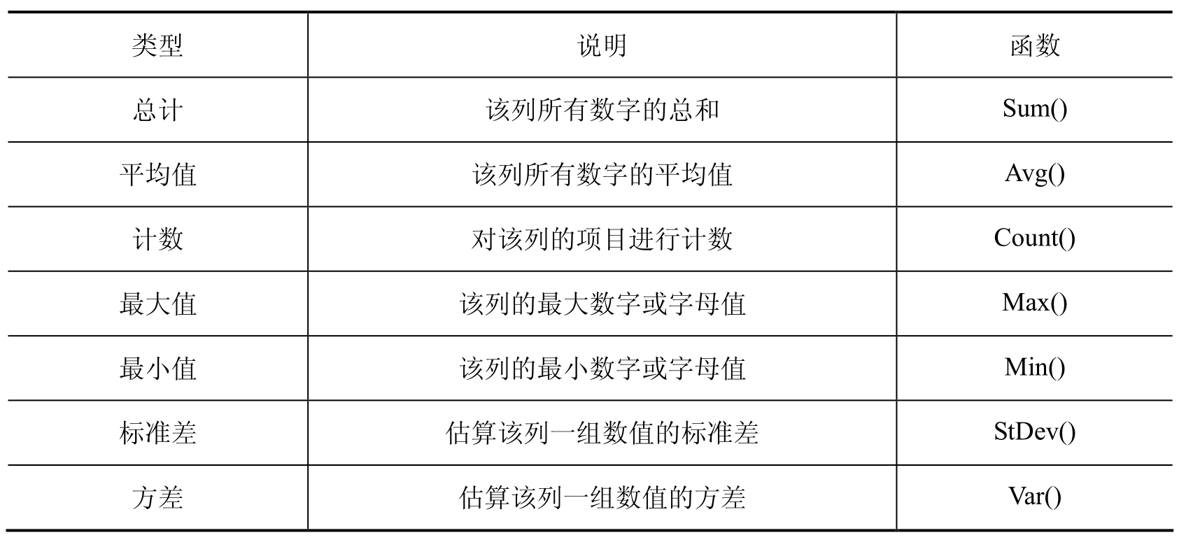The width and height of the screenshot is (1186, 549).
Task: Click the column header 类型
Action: (157, 45)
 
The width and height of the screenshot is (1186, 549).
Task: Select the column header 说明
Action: (602, 45)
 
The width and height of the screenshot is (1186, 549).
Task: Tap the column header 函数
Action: (1035, 45)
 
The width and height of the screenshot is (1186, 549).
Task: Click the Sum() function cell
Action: (1035, 109)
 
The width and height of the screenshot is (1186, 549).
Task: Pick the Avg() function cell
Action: (1035, 174)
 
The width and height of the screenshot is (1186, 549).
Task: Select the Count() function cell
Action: (1035, 238)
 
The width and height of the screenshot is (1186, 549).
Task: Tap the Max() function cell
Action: (1035, 303)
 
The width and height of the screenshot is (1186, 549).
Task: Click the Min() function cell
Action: (1035, 367)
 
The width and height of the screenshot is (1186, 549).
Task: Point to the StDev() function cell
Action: (1035, 432)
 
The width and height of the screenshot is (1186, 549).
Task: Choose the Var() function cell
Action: (1035, 497)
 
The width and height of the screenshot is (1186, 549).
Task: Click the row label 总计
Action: (157, 110)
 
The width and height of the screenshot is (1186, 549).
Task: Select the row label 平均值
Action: (157, 175)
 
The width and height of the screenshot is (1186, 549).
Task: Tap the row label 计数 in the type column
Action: (157, 239)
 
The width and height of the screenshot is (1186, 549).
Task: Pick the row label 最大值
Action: (157, 304)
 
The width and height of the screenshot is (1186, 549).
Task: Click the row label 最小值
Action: (157, 369)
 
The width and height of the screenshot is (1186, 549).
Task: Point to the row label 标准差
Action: (157, 433)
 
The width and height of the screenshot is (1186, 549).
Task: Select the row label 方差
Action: (157, 498)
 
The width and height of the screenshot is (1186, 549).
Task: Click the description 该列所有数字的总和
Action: (602, 110)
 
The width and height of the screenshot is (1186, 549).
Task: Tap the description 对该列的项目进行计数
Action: (602, 239)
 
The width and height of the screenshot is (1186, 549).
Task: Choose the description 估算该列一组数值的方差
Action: (602, 498)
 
